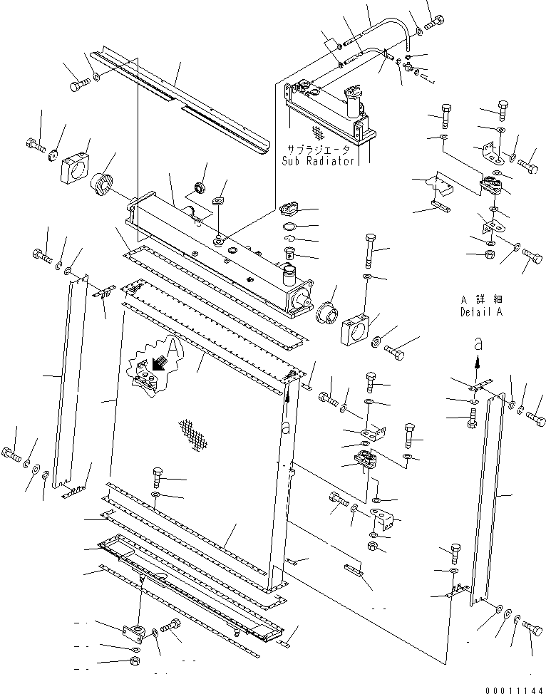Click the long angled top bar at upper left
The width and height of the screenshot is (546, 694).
[178, 100]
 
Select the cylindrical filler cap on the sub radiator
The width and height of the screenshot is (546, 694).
[354, 103]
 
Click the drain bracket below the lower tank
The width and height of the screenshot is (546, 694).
[136, 631]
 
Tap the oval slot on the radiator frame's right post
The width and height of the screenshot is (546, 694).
[284, 430]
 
